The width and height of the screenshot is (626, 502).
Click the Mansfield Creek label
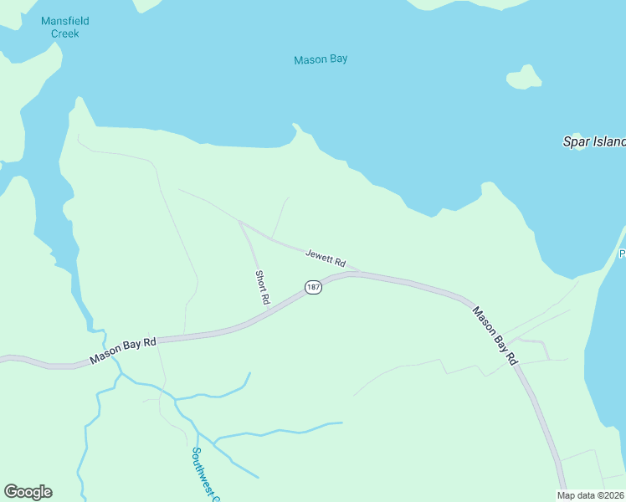tap(64, 27)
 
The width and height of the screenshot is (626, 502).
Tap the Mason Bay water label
tap(321, 59)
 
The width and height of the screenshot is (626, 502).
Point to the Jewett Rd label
tap(326, 257)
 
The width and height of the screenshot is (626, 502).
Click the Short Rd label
tap(263, 287)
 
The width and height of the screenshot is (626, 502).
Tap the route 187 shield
tap(313, 287)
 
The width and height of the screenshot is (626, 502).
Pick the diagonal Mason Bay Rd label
tap(495, 335)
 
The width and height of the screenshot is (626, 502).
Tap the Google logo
tap(28, 492)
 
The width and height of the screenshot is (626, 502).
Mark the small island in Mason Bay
tap(523, 77)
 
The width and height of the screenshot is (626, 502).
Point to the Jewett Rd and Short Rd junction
tap(241, 223)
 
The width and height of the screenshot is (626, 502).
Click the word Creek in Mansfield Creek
tap(64, 33)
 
